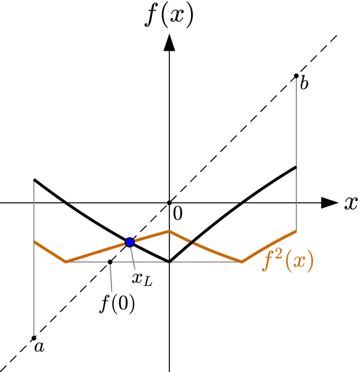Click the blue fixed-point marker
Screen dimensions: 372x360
pos(130,242)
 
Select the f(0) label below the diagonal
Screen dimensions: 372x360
pos(118,305)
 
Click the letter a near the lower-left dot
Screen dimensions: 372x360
pos(39,346)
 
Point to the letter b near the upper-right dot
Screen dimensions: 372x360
pos(304,84)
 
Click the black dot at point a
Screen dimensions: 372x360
pos(34,338)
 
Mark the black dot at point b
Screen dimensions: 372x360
pos(296,76)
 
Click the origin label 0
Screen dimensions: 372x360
pos(177,214)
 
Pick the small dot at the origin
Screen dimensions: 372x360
pos(169,202)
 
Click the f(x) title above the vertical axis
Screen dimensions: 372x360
pos(169,16)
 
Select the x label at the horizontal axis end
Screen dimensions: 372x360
pos(350,203)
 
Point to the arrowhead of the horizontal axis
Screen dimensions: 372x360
pos(329,202)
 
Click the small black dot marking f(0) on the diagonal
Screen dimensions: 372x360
pos(110,262)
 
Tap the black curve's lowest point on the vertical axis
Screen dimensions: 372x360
pos(169,262)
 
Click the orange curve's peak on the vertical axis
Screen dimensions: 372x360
pos(169,231)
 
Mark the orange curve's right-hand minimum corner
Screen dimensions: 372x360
pos(242,262)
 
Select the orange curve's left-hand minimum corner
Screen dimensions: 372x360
pos(67,262)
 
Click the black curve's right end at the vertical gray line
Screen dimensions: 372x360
pos(296,167)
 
